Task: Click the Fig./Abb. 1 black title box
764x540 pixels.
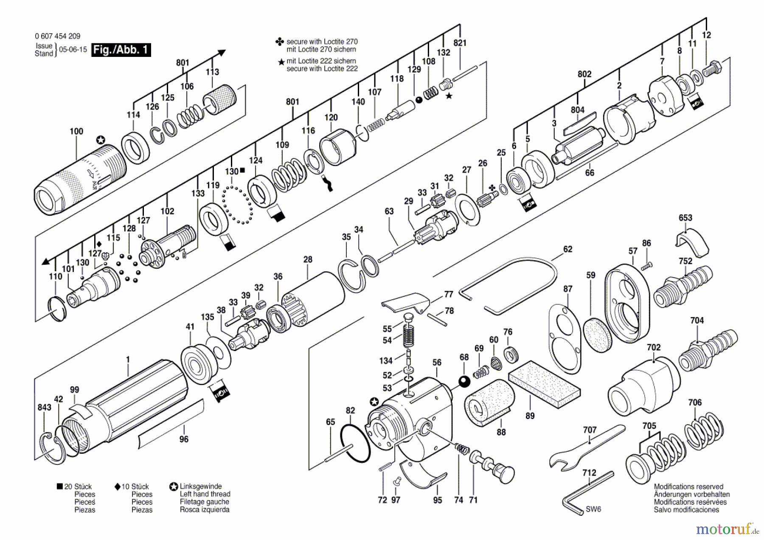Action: (121, 50)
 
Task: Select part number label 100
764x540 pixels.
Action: (76, 131)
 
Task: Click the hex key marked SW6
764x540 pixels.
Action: (586, 492)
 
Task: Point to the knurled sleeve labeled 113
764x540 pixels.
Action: (219, 100)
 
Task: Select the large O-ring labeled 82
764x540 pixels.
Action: (355, 444)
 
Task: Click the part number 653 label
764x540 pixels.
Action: (685, 218)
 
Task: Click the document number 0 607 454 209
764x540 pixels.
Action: (57, 36)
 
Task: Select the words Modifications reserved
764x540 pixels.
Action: (688, 487)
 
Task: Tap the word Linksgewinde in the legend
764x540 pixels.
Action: (200, 486)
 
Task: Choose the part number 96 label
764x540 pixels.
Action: (184, 439)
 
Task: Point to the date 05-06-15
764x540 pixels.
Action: (73, 49)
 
